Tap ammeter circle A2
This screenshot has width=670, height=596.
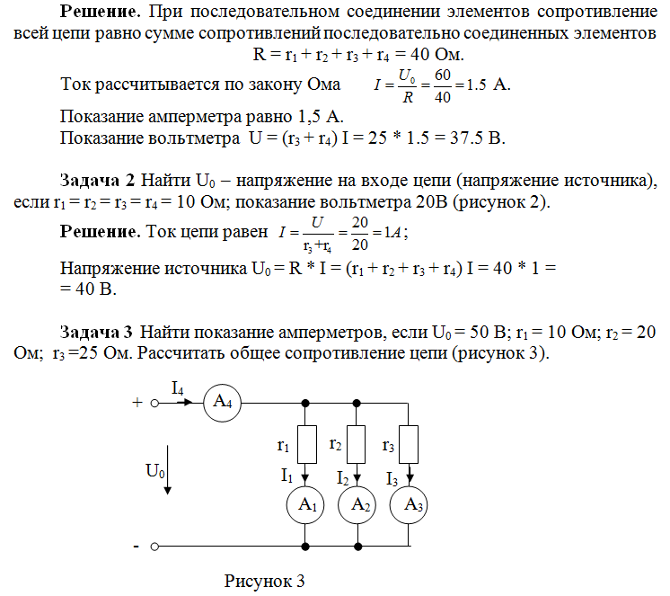click(358, 506)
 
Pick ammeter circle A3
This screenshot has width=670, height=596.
click(410, 506)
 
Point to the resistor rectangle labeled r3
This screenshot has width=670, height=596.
click(410, 444)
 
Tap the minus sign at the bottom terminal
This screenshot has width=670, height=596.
click(136, 546)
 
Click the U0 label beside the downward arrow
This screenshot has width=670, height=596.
click(155, 469)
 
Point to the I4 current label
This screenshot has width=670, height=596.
click(178, 387)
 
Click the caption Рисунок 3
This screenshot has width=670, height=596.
click(265, 581)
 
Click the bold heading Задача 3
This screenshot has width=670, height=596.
click(96, 331)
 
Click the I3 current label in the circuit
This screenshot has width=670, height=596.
click(392, 478)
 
